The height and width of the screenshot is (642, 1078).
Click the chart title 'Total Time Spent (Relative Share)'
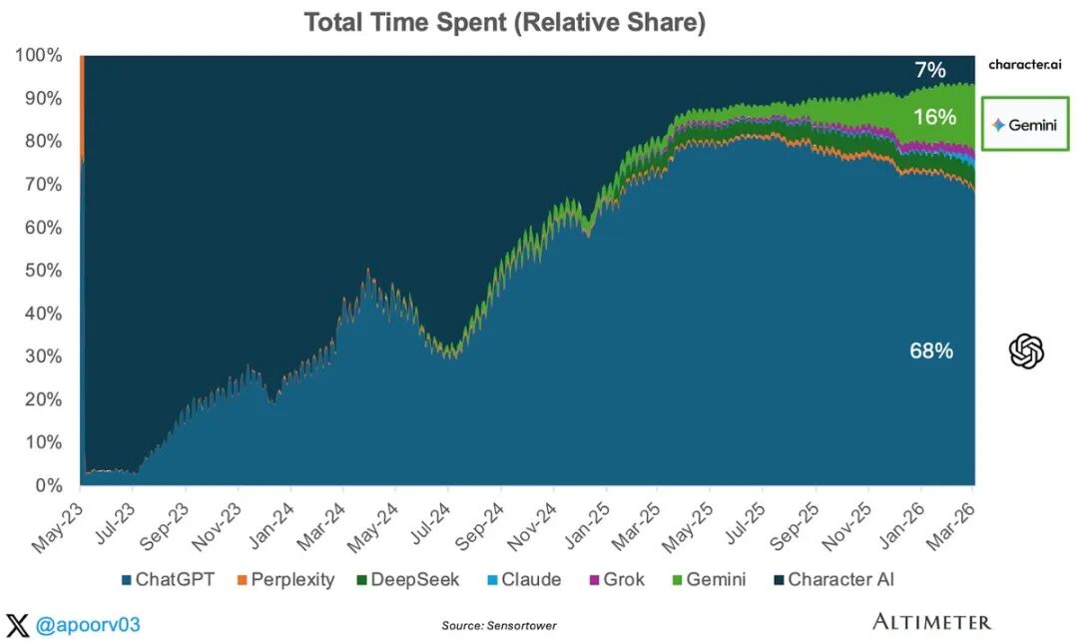(504, 22)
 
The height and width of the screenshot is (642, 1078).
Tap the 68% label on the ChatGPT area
(931, 350)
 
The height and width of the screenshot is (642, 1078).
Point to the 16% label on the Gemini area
(934, 117)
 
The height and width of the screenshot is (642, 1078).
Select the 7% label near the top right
(929, 70)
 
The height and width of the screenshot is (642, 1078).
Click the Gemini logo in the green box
(1025, 125)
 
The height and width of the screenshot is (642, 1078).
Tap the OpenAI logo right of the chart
(1026, 350)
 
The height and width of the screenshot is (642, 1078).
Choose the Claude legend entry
(522, 579)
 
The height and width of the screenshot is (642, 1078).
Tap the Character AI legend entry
(836, 579)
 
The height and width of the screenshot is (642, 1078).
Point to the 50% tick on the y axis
(44, 271)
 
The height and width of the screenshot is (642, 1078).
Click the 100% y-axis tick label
(39, 55)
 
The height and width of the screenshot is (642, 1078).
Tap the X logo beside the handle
(18, 625)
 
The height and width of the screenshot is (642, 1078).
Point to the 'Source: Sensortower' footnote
(498, 626)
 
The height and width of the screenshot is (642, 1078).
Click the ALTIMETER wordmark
(931, 622)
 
